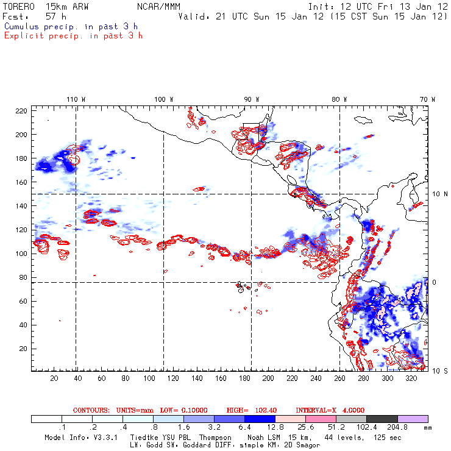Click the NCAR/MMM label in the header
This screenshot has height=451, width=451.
(159, 5)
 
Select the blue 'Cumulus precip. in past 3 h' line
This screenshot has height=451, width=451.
(71, 26)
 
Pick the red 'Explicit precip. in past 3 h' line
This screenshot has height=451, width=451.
(73, 35)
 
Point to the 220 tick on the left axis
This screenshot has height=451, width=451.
(21, 110)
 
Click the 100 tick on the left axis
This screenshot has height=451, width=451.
(21, 254)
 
